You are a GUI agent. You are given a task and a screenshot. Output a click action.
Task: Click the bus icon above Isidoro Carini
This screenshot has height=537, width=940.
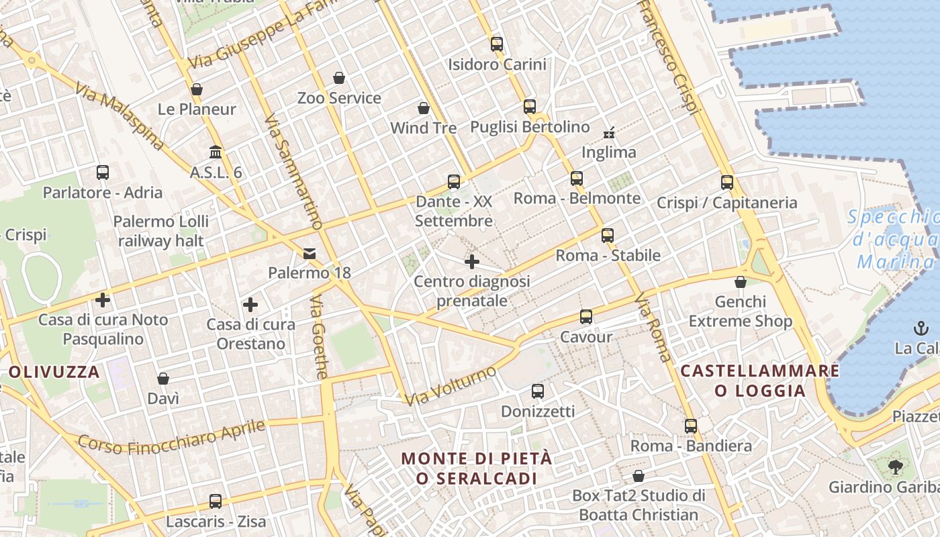point(497,45)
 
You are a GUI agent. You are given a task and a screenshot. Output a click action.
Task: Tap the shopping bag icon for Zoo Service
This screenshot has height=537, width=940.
point(339,79)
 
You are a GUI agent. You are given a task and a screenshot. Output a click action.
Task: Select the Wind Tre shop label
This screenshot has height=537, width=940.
point(423,128)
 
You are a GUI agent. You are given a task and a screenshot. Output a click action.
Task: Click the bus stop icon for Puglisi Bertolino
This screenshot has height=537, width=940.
point(530,107)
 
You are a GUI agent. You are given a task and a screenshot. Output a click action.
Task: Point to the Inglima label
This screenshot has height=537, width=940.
point(608,152)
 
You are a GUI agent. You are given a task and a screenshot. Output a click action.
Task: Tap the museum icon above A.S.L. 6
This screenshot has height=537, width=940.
point(216,152)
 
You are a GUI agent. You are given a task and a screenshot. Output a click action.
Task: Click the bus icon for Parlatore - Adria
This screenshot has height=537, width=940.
point(103,173)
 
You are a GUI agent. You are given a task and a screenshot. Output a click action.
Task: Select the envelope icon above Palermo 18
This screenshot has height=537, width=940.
point(309,253)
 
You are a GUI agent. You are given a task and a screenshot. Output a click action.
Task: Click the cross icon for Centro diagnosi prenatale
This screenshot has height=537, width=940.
point(472,262)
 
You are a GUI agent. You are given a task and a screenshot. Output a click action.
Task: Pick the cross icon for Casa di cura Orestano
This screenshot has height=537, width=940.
point(250,305)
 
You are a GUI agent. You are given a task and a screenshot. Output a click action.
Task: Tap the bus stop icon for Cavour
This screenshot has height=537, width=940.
point(586,317)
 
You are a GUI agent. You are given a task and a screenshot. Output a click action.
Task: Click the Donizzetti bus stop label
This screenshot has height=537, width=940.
point(538,411)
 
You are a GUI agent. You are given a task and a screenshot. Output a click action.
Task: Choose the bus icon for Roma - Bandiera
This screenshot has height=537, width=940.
point(691,426)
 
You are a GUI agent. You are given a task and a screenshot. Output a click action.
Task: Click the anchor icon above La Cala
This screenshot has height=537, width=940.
point(920,328)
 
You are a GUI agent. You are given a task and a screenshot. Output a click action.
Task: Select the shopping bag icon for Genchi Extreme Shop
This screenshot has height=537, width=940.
point(741,282)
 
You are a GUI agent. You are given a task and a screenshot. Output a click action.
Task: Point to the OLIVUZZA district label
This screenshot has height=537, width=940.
point(54,372)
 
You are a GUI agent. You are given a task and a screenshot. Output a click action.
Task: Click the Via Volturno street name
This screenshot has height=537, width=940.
point(451,386)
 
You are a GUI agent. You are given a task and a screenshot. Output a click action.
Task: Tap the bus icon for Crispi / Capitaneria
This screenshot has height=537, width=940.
point(727,183)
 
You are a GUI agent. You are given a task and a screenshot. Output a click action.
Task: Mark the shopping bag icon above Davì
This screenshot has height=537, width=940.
point(163,379)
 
